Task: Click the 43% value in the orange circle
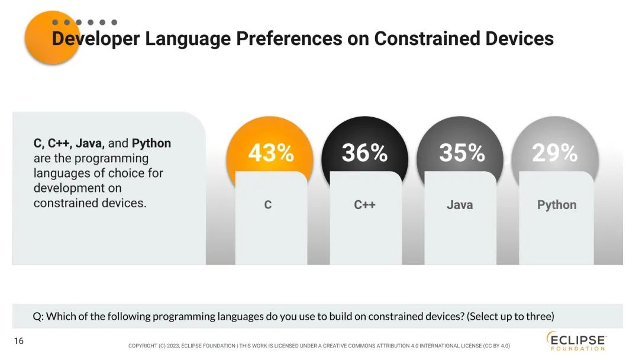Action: click(271, 153)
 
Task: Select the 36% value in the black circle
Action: click(364, 153)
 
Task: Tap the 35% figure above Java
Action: click(461, 153)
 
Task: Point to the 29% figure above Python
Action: click(554, 153)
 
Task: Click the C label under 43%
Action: click(268, 205)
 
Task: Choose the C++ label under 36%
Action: click(364, 205)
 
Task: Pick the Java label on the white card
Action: click(460, 205)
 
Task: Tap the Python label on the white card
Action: click(556, 205)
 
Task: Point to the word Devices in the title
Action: click(519, 38)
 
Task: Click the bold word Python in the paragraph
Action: click(151, 143)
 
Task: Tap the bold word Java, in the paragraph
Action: click(90, 143)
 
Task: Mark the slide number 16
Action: click(18, 341)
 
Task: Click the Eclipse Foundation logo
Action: click(576, 340)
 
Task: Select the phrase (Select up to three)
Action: click(511, 316)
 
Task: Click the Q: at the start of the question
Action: click(38, 316)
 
